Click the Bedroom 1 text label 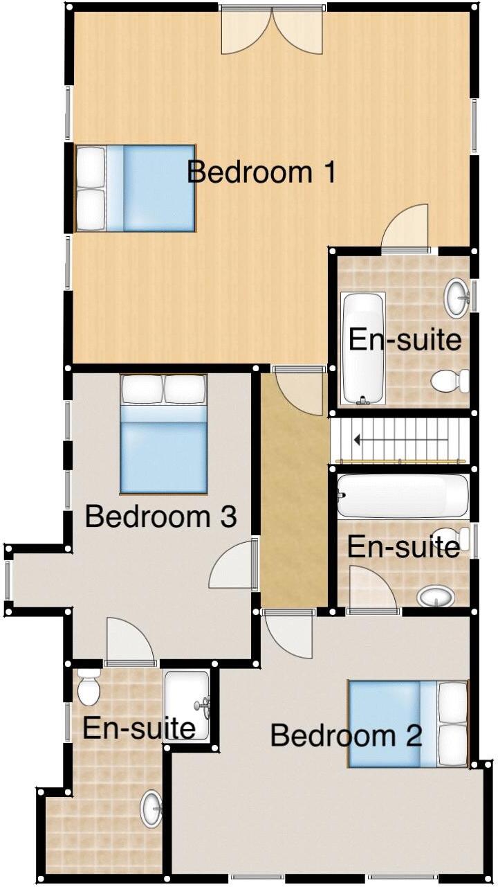261,172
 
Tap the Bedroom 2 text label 346,735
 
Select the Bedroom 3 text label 160,517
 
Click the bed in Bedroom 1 136,188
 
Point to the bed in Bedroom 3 164,434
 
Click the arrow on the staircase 399,440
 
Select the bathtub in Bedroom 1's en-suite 362,348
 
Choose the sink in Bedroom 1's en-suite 456,298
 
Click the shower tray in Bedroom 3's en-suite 187,705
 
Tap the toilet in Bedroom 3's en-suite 89,686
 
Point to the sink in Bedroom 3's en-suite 151,809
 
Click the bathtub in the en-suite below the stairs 403,496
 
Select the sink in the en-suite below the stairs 436,596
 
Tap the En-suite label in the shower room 138,728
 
